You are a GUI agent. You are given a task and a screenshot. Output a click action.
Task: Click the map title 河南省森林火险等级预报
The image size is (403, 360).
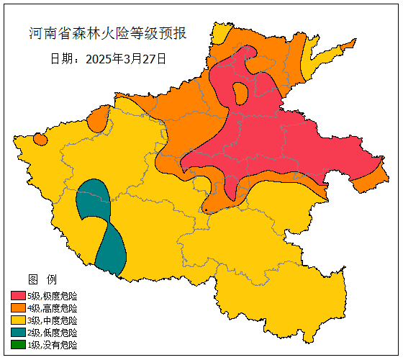tap(108, 34)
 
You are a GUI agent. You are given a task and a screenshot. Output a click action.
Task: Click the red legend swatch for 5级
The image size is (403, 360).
tap(18, 296)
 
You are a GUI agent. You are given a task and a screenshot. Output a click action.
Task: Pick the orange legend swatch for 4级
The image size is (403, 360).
tap(18, 308)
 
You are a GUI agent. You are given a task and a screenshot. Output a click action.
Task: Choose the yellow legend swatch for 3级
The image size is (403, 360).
tap(18, 320)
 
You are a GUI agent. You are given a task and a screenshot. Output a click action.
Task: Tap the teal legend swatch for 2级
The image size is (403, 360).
tap(18, 333)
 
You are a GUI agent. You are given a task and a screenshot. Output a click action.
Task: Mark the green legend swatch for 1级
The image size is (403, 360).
tap(18, 345)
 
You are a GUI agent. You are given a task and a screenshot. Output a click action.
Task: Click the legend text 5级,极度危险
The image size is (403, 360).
tap(53, 296)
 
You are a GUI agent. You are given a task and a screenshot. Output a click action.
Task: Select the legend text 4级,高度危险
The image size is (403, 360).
tap(53, 308)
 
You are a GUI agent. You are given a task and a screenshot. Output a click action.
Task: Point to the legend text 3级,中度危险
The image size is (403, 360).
tap(53, 320)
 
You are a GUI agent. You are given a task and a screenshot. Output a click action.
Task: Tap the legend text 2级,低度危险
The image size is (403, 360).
tap(53, 333)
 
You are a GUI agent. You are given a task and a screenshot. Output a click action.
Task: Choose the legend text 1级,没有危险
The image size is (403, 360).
tap(53, 345)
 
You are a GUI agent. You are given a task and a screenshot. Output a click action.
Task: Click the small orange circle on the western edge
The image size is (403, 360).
tap(40, 138)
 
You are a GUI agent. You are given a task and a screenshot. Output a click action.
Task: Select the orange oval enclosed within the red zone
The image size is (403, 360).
tap(240, 92)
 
